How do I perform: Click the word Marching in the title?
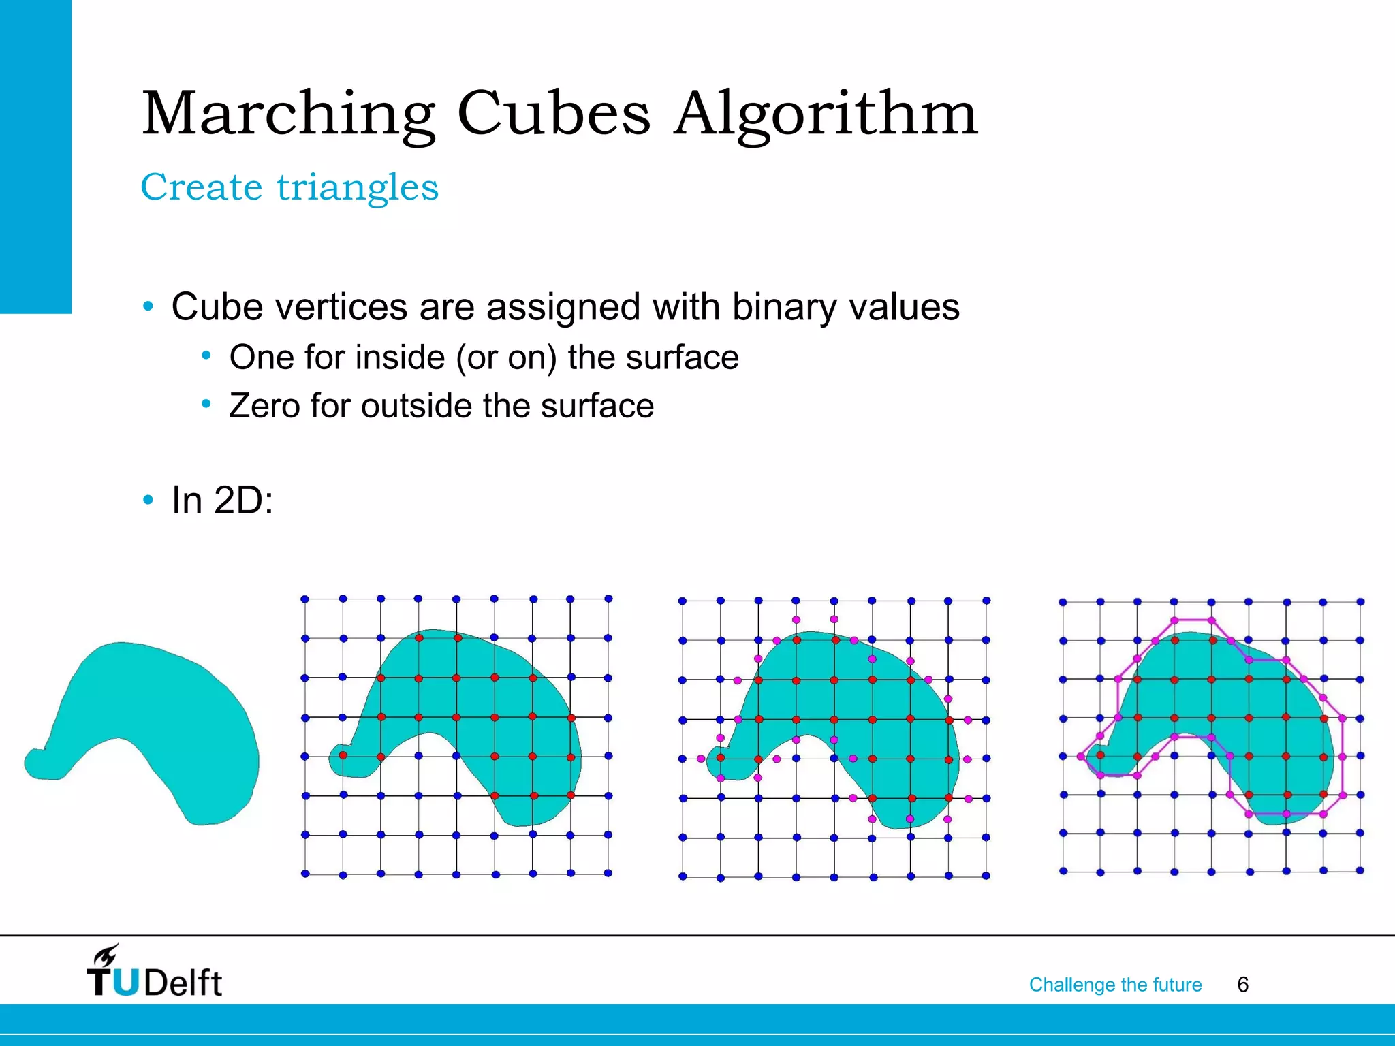click(x=288, y=114)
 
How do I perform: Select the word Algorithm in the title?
click(x=826, y=114)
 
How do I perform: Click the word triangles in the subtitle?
click(x=358, y=187)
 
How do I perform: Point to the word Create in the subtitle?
click(x=201, y=187)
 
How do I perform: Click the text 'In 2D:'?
click(x=222, y=501)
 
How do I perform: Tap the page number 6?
click(x=1242, y=985)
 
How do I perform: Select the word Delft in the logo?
click(x=183, y=983)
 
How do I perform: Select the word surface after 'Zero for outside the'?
click(x=597, y=406)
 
